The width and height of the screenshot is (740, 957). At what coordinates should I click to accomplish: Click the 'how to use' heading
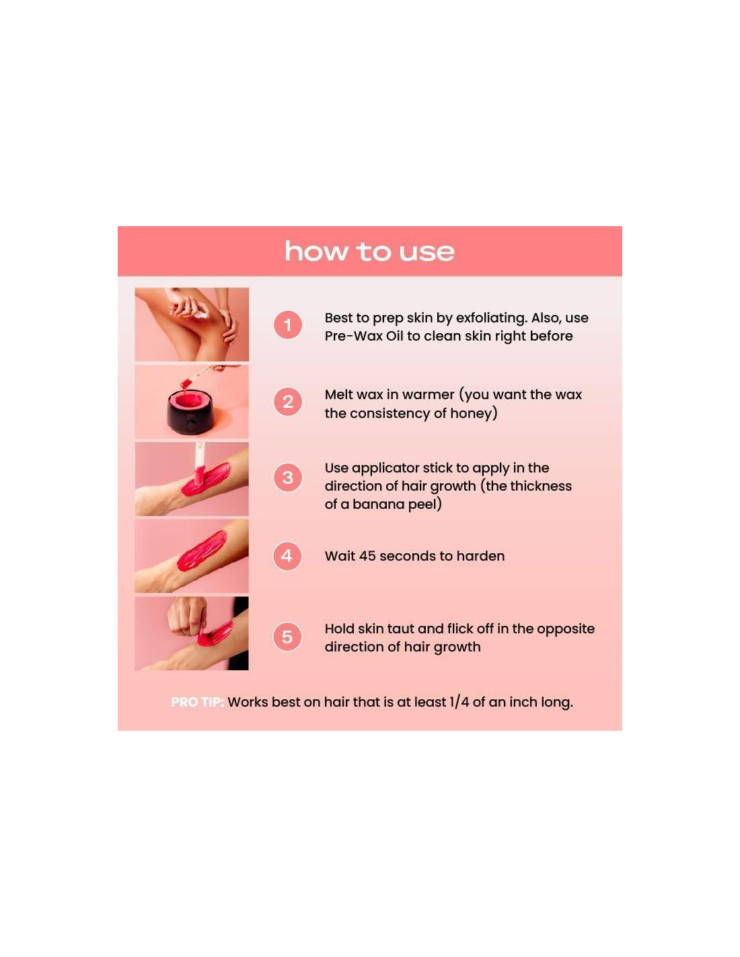[x=369, y=252]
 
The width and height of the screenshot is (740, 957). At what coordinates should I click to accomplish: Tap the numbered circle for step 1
[x=287, y=325]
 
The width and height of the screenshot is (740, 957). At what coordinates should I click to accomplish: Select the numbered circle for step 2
[x=287, y=402]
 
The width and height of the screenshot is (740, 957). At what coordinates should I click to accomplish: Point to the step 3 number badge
[x=287, y=478]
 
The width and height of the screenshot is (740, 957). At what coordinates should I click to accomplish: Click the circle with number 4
[x=287, y=556]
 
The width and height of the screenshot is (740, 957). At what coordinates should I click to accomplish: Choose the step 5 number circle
[x=287, y=637]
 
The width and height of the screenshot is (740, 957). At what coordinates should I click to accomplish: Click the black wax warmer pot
[x=190, y=413]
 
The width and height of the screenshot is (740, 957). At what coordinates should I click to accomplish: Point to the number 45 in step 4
[x=367, y=556]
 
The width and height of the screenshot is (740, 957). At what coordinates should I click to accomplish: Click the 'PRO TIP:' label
[x=197, y=702]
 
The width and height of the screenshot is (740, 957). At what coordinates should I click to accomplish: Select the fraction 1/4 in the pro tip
[x=459, y=702]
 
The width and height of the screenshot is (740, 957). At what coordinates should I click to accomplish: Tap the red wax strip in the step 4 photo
[x=202, y=551]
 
